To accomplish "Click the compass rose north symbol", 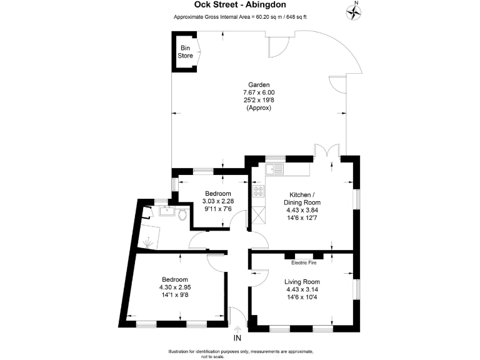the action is pyautogui.click(x=354, y=11).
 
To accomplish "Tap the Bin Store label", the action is pyautogui.click(x=185, y=52).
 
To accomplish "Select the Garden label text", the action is pyautogui.click(x=259, y=85).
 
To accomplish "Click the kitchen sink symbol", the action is pyautogui.click(x=274, y=169).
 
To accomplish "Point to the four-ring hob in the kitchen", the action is pyautogui.click(x=258, y=191).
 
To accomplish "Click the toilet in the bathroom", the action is pyautogui.click(x=182, y=214).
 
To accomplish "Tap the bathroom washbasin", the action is pyautogui.click(x=167, y=211).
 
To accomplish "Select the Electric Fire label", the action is pyautogui.click(x=304, y=262).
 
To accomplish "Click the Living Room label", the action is pyautogui.click(x=302, y=282).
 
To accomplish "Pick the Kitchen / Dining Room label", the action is pyautogui.click(x=302, y=198).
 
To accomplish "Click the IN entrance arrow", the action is pyautogui.click(x=237, y=330).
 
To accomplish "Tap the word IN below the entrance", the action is pyautogui.click(x=237, y=338).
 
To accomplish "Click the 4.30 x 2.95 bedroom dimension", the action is pyautogui.click(x=175, y=287).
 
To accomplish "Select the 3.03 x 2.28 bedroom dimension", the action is pyautogui.click(x=218, y=201).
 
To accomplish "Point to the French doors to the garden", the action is pyautogui.click(x=327, y=150).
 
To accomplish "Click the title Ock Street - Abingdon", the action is pyautogui.click(x=240, y=4).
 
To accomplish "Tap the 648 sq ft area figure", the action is pyautogui.click(x=296, y=17).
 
